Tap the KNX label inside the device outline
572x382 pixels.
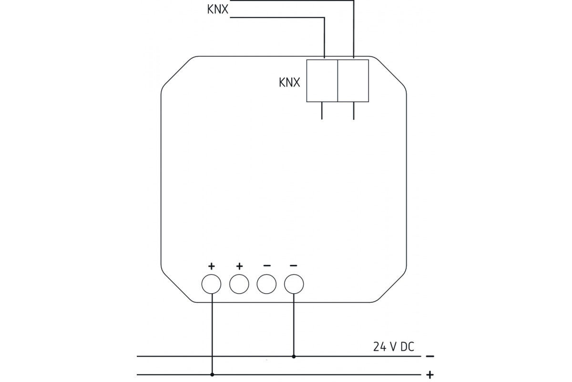pyautogui.click(x=289, y=83)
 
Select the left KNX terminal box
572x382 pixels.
pyautogui.click(x=322, y=80)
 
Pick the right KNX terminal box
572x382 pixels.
pyautogui.click(x=353, y=80)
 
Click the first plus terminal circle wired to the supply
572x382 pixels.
pyautogui.click(x=212, y=284)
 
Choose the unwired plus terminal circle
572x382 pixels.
pyautogui.click(x=239, y=284)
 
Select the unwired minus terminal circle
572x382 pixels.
pyautogui.click(x=266, y=284)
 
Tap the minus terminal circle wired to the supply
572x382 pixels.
pyautogui.click(x=294, y=284)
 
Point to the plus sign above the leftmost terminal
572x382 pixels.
pyautogui.click(x=212, y=265)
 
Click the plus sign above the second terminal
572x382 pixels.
pyautogui.click(x=239, y=265)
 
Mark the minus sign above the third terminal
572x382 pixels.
pyautogui.click(x=266, y=265)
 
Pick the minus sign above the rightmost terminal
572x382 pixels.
pyautogui.click(x=294, y=265)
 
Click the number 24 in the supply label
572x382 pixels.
pyautogui.click(x=379, y=347)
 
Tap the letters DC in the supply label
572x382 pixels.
pyautogui.click(x=405, y=347)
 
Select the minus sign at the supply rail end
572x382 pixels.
pyautogui.click(x=430, y=356)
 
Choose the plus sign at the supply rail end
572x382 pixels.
pyautogui.click(x=430, y=374)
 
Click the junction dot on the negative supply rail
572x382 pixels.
pyautogui.click(x=294, y=356)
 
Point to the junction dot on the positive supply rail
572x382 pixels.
pyautogui.click(x=212, y=374)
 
